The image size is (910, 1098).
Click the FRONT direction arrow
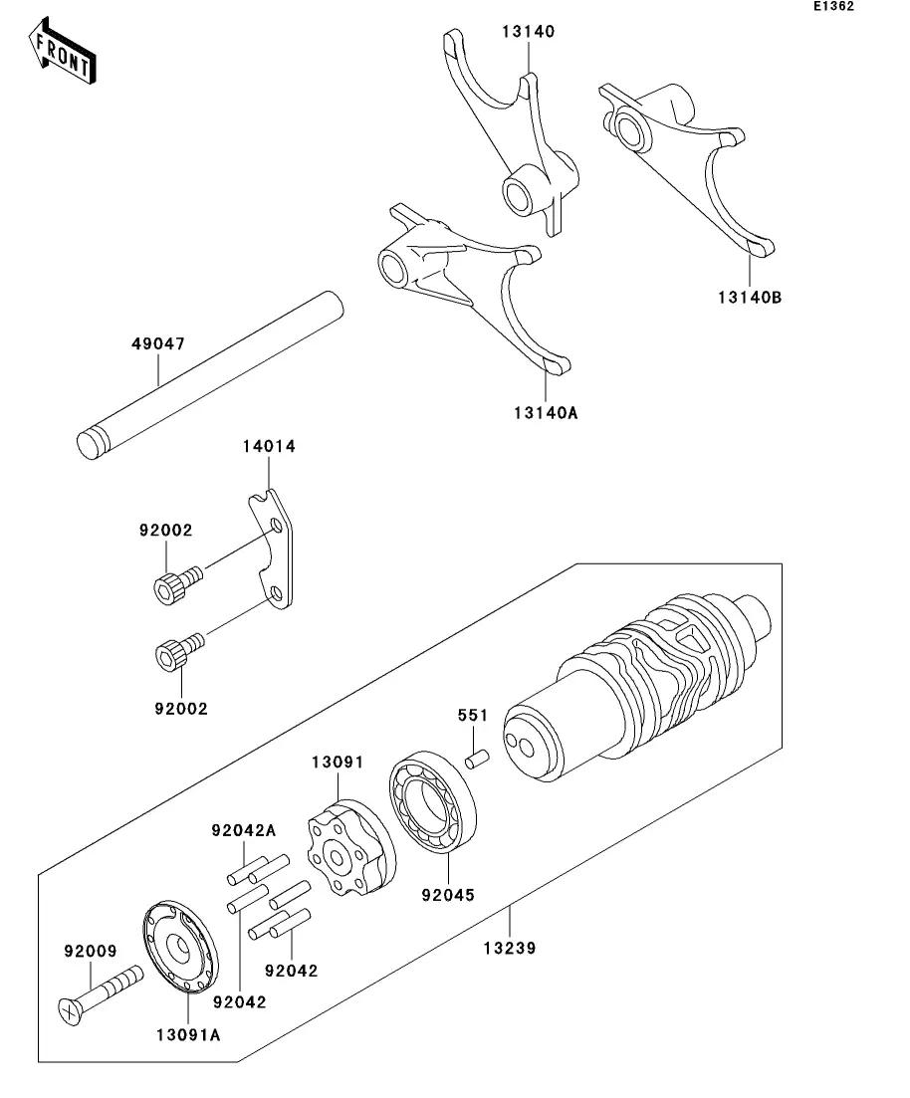click(62, 51)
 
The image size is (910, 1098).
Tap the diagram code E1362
click(833, 6)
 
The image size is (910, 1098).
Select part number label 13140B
click(750, 298)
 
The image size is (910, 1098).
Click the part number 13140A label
click(546, 413)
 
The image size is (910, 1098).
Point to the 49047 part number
click(158, 343)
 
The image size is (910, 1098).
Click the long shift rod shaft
click(210, 375)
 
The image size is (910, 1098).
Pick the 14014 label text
click(269, 446)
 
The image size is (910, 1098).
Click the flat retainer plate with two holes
click(272, 549)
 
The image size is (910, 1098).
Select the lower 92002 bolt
click(179, 651)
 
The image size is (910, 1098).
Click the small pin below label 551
click(477, 760)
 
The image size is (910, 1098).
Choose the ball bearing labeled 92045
click(432, 801)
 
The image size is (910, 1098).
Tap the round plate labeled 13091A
click(181, 948)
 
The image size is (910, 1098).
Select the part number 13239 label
click(510, 948)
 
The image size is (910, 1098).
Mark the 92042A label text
click(244, 831)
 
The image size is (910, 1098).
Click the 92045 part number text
click(448, 895)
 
